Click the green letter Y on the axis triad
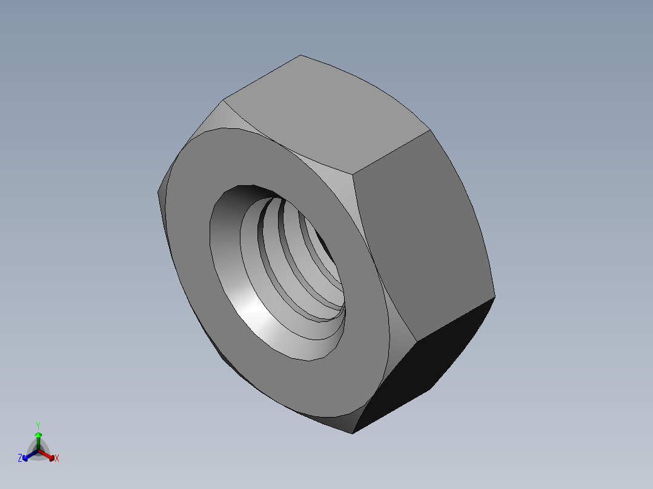coord(38,425)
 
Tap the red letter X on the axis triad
coord(57,459)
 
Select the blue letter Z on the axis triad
coord(20,459)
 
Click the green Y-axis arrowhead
coord(38,435)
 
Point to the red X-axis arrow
coord(48,455)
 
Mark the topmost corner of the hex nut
coord(301,55)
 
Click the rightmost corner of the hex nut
coord(495,297)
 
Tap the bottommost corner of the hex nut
coord(353,433)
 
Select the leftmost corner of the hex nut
coord(158,193)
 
